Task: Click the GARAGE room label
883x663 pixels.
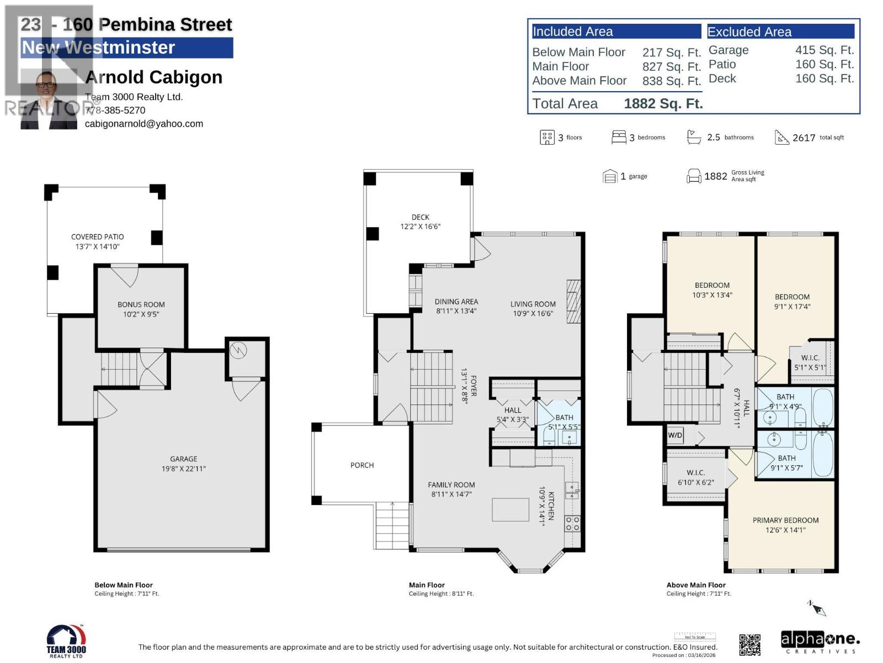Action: point(183,459)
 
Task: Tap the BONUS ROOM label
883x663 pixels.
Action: point(141,304)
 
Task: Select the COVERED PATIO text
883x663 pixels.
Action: point(97,236)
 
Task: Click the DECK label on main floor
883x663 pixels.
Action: point(420,217)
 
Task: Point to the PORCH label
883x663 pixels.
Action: point(362,465)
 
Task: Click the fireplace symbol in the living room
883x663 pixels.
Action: point(574,302)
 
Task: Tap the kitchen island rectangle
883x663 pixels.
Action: point(510,509)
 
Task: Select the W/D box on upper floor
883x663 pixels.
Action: point(675,435)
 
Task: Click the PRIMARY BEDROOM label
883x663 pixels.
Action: point(785,520)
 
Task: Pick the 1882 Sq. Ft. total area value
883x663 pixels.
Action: point(663,104)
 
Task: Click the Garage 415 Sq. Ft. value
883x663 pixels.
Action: point(824,50)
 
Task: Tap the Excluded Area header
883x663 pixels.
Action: point(749,32)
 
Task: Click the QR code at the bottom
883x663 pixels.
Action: point(749,645)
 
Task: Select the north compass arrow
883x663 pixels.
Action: point(817,608)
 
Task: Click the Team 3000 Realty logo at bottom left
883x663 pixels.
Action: point(66,641)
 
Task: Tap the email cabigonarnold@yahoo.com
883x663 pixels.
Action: point(144,124)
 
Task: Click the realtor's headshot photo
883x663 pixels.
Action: point(49,99)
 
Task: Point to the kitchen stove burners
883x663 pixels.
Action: point(572,524)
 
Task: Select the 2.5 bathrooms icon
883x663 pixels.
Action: point(693,137)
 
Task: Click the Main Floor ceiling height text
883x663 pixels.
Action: point(441,594)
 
